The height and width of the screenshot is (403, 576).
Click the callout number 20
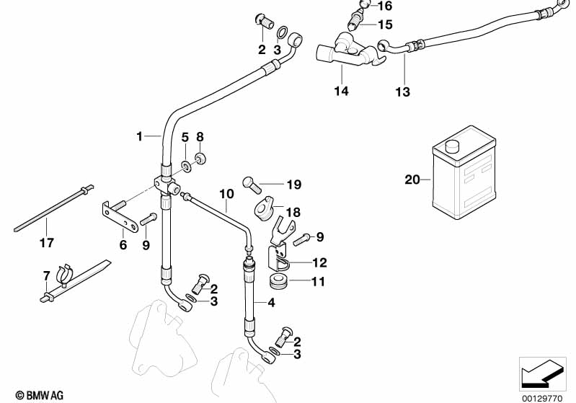point(412,180)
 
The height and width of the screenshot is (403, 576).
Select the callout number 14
point(341,91)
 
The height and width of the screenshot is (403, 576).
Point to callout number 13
point(402,92)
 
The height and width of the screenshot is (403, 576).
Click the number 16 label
point(385,6)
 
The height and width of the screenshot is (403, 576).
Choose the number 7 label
point(46,275)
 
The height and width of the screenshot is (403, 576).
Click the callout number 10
point(226,194)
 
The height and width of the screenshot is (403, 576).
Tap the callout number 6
point(123,245)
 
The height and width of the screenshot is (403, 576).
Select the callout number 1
point(141,135)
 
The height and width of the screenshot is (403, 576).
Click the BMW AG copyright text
point(34,395)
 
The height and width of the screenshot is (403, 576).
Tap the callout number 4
point(271,303)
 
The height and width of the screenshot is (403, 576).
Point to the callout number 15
point(385,25)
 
